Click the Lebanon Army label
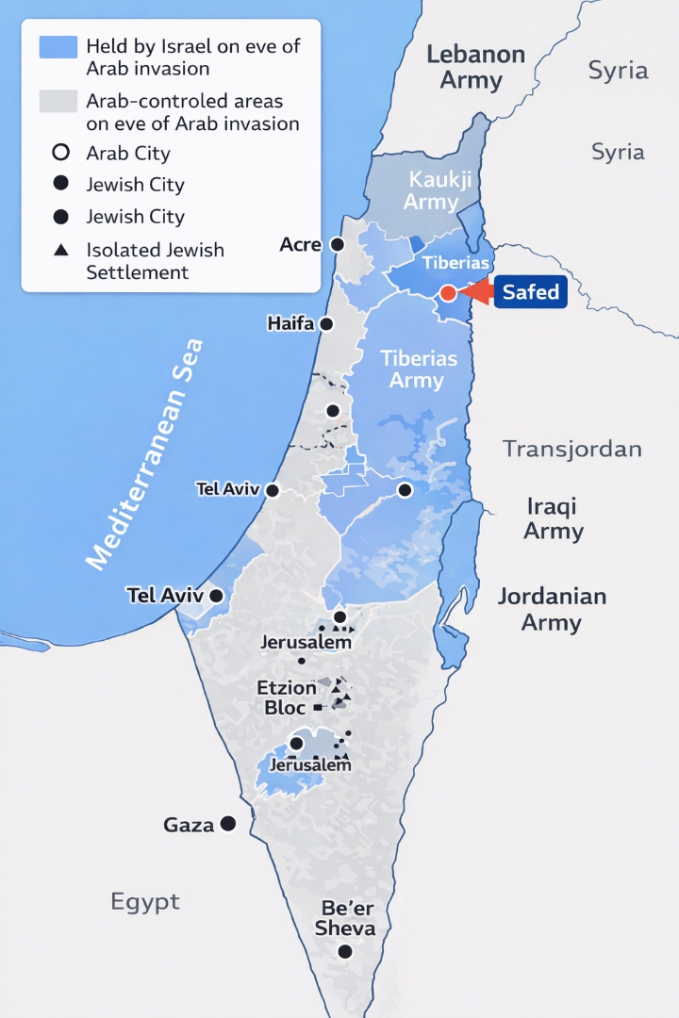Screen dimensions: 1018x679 [475, 67]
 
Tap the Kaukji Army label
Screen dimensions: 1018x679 [431, 190]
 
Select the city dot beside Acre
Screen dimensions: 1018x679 [337, 244]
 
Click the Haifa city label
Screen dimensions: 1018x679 [291, 323]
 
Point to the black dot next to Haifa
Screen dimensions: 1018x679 [326, 323]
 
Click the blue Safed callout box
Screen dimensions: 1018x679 [531, 292]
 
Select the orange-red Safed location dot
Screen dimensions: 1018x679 [448, 293]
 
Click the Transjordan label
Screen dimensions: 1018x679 [572, 448]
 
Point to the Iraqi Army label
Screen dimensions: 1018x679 [553, 518]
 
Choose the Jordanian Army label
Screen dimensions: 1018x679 [552, 609]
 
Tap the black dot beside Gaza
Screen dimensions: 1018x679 [227, 824]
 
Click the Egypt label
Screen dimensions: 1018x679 [145, 902]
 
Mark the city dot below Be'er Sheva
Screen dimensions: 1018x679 [345, 951]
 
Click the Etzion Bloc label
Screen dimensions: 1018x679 [287, 698]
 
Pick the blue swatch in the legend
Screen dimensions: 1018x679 [58, 47]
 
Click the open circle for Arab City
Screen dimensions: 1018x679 [60, 153]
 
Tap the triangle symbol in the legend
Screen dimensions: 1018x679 [60, 251]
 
